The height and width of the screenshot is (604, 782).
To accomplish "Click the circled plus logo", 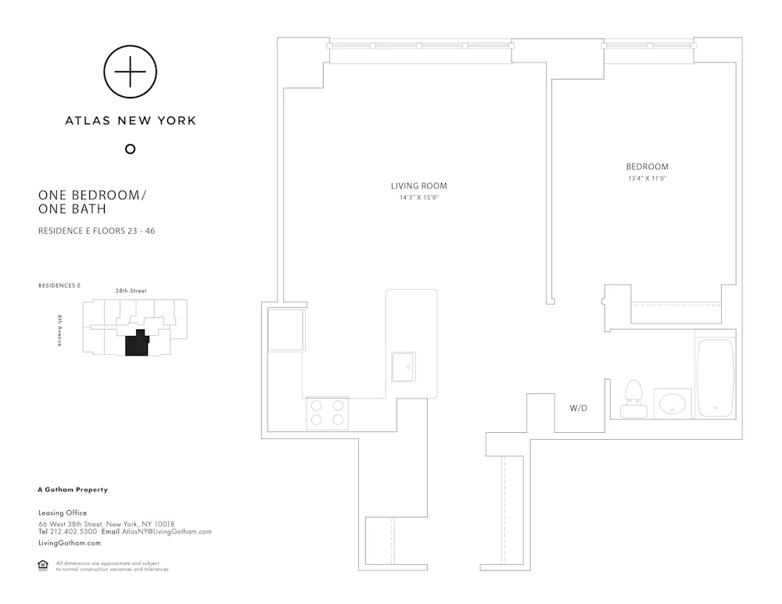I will coord(130,71).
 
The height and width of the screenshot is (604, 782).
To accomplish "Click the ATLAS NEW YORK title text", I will coord(130,120).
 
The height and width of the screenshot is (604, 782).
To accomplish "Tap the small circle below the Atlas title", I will coord(130,149).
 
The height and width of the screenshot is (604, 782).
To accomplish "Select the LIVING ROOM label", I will coord(419,186).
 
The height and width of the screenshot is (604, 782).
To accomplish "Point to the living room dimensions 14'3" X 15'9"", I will coord(419,198).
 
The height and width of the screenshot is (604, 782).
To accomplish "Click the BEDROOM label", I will coord(647,166).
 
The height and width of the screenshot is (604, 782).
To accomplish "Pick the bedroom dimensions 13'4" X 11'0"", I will coord(647,178).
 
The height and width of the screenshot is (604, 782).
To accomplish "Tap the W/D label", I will coord(579,408).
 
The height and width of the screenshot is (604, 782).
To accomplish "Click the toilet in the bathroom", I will coord(632,398).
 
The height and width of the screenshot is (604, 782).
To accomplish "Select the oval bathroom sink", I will coord(672,403).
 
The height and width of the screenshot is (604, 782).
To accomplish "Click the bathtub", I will coord(716,377).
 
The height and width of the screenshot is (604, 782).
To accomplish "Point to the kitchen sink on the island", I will coord(404,366).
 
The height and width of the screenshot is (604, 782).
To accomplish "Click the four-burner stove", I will coord(327,413).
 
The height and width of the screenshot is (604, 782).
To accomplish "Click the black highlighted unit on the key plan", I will coord(138,344).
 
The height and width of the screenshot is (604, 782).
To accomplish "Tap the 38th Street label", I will coord(131,291).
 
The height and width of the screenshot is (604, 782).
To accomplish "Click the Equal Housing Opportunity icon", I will coord(43,566).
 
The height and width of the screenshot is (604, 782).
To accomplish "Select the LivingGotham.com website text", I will coord(70,542).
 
